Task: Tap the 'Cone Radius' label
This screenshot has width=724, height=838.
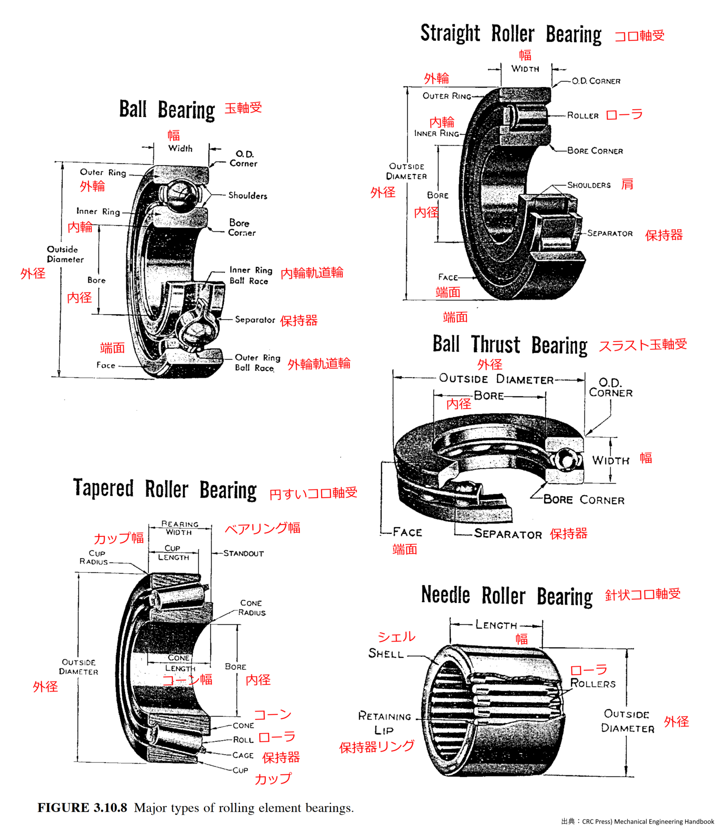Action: tap(252, 608)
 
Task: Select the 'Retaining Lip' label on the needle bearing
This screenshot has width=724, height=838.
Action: tap(384, 723)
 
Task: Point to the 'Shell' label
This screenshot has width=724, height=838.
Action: tap(386, 653)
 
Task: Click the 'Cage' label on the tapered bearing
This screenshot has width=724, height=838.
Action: tap(243, 755)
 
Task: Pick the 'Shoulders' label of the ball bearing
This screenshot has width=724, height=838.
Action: tap(247, 196)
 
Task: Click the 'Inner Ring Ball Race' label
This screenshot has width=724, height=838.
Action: tap(250, 275)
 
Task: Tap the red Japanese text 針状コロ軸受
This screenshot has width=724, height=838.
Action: tap(642, 594)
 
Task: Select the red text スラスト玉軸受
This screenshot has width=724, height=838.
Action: tap(642, 345)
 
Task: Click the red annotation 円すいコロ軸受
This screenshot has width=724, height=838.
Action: tap(313, 493)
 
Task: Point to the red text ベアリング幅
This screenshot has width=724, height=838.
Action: tap(262, 528)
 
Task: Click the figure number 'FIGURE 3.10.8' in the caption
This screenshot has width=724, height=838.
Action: tap(82, 807)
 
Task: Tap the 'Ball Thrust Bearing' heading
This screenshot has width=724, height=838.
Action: tap(510, 345)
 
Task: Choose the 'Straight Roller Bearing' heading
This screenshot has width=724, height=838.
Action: tap(511, 34)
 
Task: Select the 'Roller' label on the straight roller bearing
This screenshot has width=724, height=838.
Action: tap(582, 115)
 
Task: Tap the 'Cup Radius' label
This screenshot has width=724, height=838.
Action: tap(94, 557)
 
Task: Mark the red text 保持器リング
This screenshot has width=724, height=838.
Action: tap(376, 747)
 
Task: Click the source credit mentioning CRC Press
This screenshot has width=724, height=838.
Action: tap(637, 821)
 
